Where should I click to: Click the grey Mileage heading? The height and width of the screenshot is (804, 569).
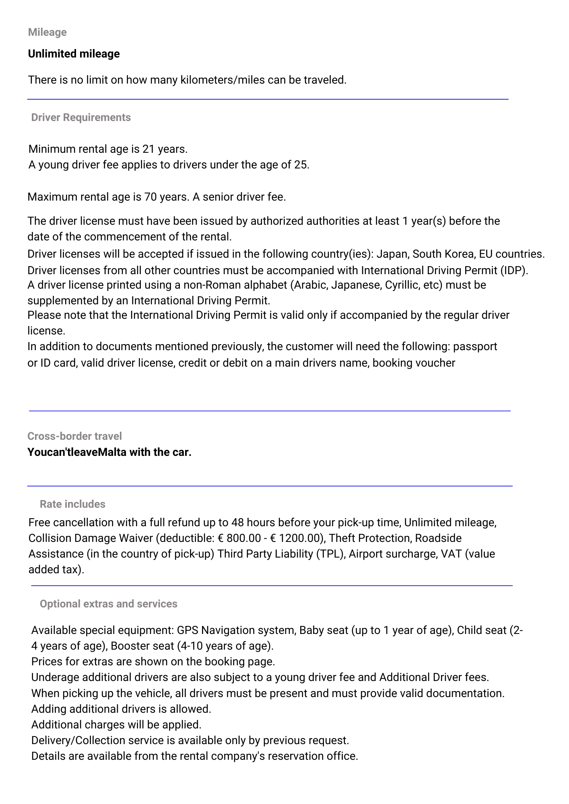pyautogui.click(x=47, y=32)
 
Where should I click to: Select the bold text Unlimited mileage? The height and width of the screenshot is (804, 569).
pyautogui.click(x=74, y=54)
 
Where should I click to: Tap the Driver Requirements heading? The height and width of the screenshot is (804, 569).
pyautogui.click(x=81, y=117)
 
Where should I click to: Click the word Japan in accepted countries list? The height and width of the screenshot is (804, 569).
pyautogui.click(x=391, y=254)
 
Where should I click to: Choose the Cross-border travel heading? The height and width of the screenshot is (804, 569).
pyautogui.click(x=74, y=436)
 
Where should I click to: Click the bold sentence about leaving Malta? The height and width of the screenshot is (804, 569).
pyautogui.click(x=109, y=452)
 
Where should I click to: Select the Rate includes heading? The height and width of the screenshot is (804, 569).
pyautogui.click(x=72, y=504)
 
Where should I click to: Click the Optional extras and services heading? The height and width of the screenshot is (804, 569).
pyautogui.click(x=108, y=604)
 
